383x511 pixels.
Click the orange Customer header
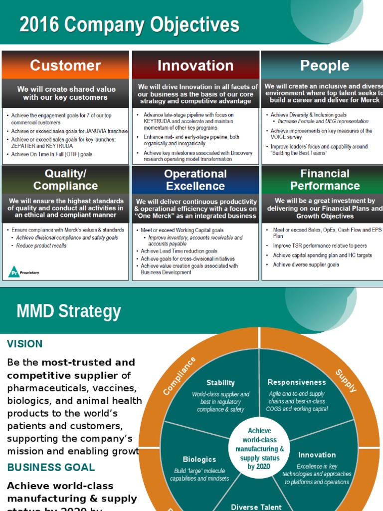coord(65,65)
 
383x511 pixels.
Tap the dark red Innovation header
coord(195,65)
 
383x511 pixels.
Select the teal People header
coord(324,65)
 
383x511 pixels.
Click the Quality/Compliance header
coord(65,180)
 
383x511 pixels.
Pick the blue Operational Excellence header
coord(195,180)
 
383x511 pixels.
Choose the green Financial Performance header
coord(324,180)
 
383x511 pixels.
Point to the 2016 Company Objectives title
coord(129,24)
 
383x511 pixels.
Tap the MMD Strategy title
coord(69,311)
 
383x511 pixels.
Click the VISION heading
coord(25,344)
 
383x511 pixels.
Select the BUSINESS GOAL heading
coord(51,468)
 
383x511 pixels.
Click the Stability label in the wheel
coord(220,383)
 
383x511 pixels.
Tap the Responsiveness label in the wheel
coord(297,382)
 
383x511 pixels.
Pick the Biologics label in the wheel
coord(199,459)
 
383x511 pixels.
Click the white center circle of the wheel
coord(259,448)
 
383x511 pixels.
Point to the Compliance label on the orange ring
coord(180,375)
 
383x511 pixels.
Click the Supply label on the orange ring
coord(346,381)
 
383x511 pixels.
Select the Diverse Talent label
coord(257,507)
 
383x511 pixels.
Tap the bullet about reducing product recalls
coord(41,246)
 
